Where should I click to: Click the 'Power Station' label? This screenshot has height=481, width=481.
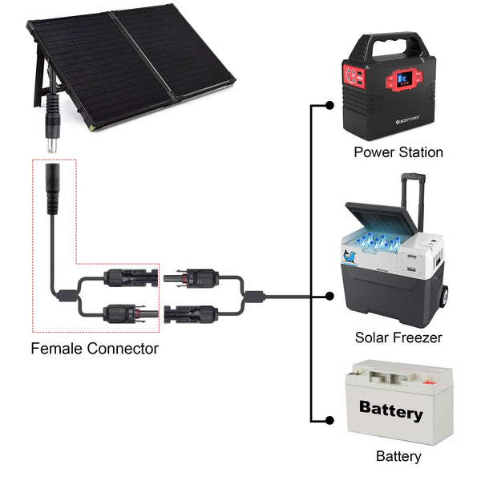[398, 152]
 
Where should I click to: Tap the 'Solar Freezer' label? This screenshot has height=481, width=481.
[398, 338]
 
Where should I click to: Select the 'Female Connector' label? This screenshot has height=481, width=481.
[95, 349]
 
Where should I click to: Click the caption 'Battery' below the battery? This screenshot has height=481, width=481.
[398, 456]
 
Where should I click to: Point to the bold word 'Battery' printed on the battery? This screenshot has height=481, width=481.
[390, 411]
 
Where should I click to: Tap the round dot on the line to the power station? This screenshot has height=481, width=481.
[329, 105]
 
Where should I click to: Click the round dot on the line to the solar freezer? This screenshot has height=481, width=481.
[329, 296]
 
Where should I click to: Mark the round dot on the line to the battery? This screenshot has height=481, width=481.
[329, 419]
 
